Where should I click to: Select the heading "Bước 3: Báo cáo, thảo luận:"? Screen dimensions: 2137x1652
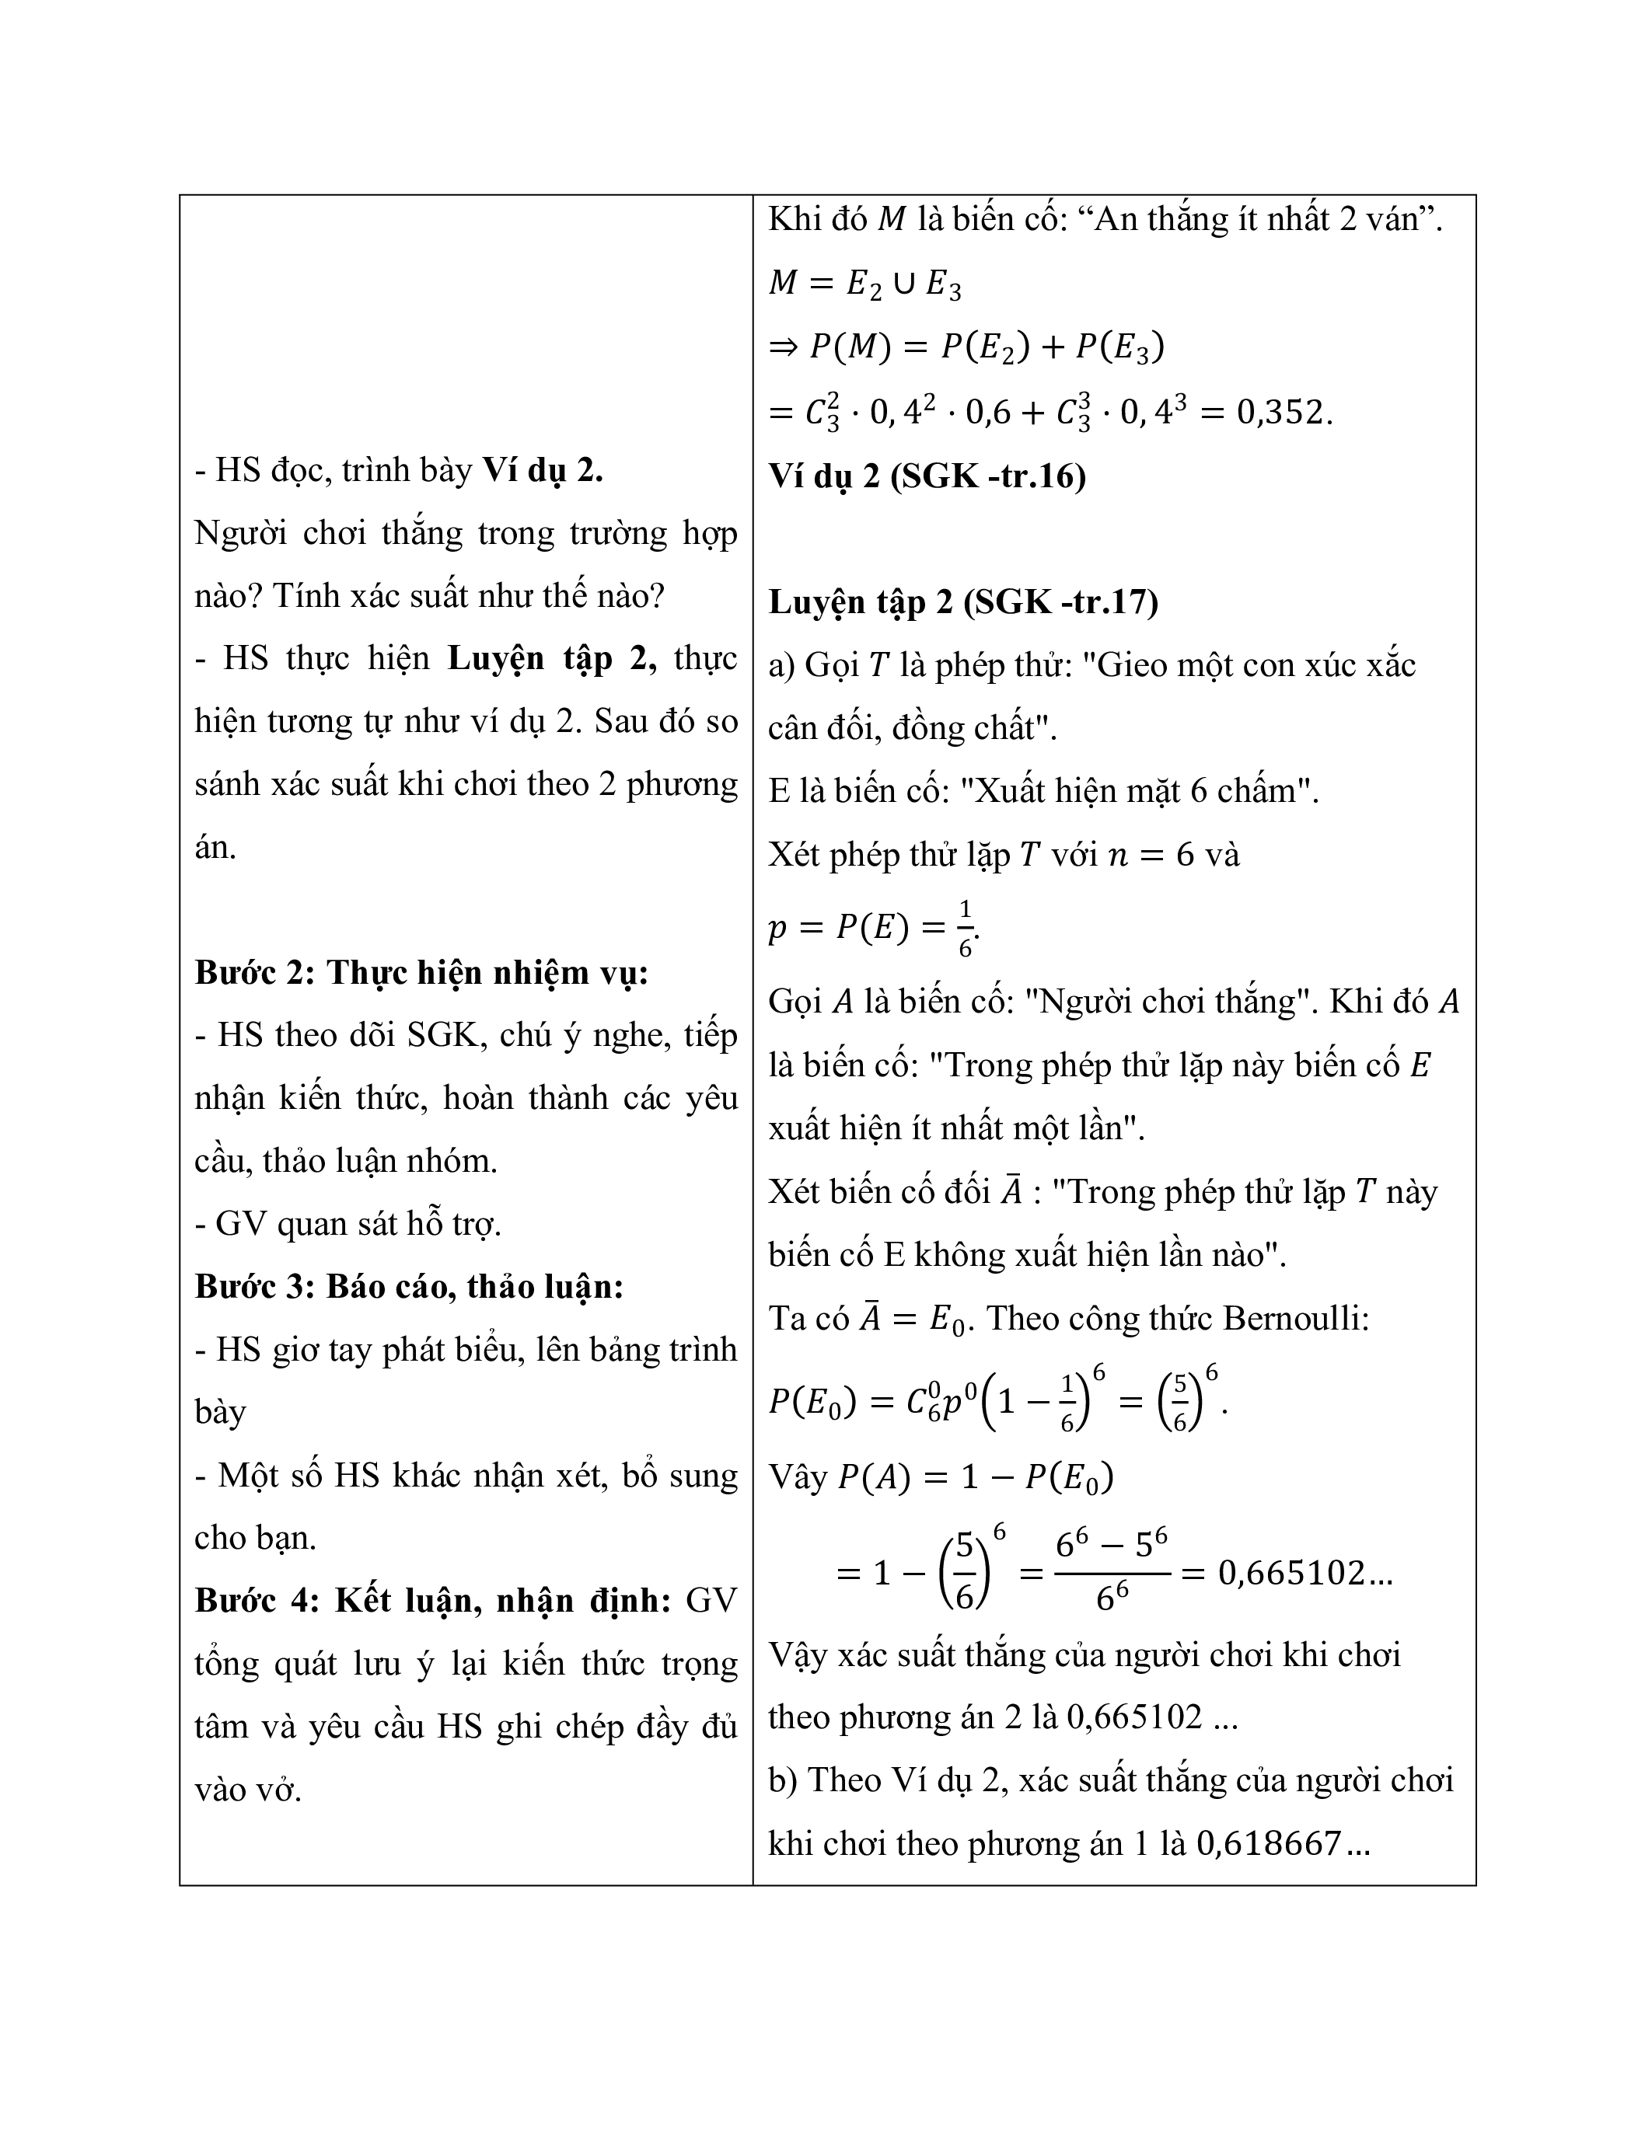tap(409, 1286)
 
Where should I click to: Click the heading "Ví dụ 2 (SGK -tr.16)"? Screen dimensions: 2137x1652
tap(927, 476)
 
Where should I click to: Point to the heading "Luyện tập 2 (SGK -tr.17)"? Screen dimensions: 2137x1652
tap(963, 601)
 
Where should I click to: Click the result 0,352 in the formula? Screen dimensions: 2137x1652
tap(1283, 412)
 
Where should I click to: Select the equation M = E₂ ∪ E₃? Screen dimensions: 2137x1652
tap(865, 284)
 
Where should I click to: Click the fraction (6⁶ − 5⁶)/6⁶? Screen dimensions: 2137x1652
tap(1112, 1572)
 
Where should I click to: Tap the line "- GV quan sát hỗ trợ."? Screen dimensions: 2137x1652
tap(348, 1223)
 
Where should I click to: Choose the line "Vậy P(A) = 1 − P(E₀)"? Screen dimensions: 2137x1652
tap(941, 1476)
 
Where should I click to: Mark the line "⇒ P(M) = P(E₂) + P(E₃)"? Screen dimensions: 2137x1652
tap(967, 347)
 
